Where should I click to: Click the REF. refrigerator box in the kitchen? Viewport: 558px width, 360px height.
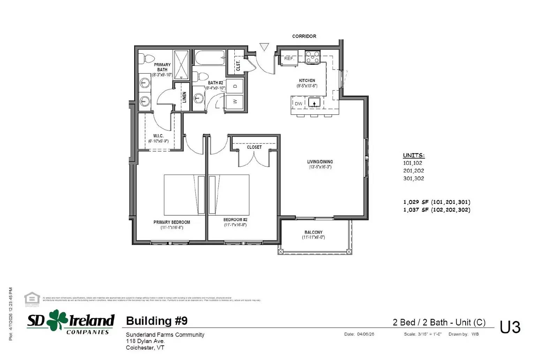(289, 58)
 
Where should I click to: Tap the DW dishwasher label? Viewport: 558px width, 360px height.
(299, 104)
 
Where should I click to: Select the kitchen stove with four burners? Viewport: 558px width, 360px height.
(312, 56)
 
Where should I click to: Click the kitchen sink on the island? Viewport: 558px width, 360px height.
(314, 103)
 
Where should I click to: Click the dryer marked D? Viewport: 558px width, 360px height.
(235, 86)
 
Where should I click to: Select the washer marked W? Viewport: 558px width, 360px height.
(235, 101)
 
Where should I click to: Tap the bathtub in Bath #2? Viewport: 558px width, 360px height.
(210, 58)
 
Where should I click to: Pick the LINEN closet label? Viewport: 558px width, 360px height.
(184, 97)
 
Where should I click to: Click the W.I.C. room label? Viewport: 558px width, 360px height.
(158, 136)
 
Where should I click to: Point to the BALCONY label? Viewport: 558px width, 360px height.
(313, 232)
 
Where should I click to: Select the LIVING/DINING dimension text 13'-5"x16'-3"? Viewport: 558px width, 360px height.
(320, 167)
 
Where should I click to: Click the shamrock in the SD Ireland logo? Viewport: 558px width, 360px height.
(57, 320)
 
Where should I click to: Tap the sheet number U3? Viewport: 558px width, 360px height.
(510, 327)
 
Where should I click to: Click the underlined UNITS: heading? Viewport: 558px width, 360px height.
(414, 155)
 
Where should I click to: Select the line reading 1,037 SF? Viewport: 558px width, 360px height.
(437, 210)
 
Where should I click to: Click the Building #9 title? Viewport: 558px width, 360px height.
(157, 321)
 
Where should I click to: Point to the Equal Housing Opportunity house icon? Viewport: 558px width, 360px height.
(32, 299)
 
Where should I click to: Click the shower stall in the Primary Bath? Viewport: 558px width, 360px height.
(181, 64)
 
